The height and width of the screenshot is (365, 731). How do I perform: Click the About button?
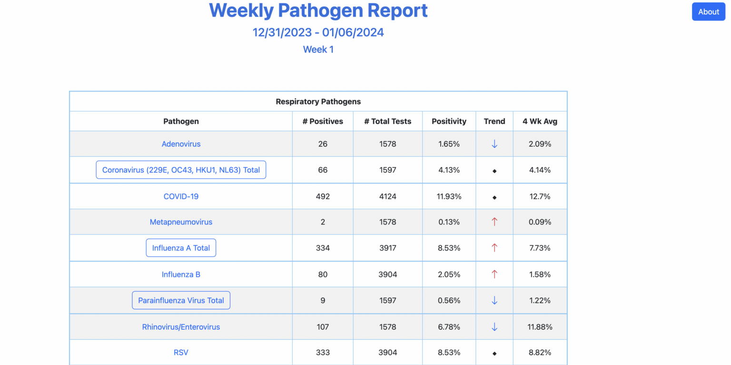[x=708, y=12]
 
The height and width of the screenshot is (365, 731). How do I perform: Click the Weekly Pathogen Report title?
[x=318, y=10]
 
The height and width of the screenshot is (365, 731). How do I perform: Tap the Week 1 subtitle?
[x=318, y=50]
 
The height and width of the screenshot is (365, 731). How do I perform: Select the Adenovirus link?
[x=181, y=144]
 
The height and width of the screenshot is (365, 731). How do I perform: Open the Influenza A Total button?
[x=181, y=248]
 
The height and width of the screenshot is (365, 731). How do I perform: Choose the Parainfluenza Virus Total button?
[x=181, y=301]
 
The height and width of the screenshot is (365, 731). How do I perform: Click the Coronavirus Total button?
[x=181, y=170]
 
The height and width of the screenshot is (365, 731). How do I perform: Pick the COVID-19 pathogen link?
[x=181, y=196]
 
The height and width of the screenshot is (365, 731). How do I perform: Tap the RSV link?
[x=181, y=353]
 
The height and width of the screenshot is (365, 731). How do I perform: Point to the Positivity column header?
[x=449, y=122]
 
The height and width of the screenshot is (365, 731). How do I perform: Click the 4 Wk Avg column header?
[x=540, y=122]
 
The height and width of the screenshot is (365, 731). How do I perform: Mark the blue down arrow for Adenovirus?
[x=494, y=144]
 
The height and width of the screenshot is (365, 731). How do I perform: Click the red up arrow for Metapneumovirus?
[x=494, y=222]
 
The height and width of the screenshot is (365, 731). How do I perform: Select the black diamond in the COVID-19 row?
[x=494, y=197]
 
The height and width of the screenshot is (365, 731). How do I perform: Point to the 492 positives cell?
[x=323, y=196]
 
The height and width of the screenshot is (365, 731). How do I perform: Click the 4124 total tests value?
[x=388, y=196]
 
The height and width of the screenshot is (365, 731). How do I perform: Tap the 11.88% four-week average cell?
[x=540, y=327]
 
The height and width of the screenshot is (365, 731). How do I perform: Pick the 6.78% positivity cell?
[x=449, y=327]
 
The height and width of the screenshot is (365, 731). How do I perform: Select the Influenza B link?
[x=181, y=274]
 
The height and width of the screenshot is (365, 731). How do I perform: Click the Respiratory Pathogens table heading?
[x=318, y=101]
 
